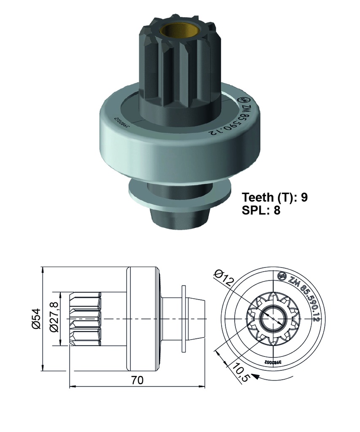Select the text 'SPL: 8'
click(261, 210)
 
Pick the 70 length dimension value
click(137, 380)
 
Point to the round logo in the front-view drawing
click(282, 277)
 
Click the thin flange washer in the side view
click(184, 319)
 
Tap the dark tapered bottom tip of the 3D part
click(181, 217)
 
